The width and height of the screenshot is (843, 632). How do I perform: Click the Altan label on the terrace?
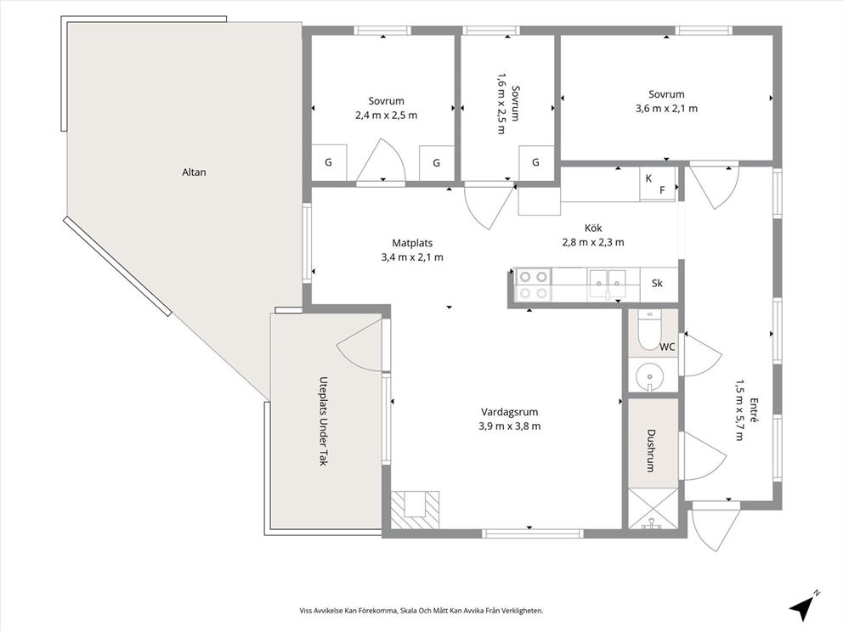coord(194,172)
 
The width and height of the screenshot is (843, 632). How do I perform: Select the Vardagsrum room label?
coord(510,412)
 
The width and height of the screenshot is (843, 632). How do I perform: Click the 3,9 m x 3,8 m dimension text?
coord(510,426)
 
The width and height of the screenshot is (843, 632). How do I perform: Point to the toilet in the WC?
coord(649,330)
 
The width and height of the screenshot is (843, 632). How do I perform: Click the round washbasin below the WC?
coord(649,375)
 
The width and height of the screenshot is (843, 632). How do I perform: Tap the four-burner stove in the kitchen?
coord(533,285)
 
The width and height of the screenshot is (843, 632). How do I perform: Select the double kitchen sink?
coord(608,283)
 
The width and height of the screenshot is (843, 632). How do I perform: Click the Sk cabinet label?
coord(657,283)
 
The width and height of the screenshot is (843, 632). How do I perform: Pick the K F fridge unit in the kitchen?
coord(657,183)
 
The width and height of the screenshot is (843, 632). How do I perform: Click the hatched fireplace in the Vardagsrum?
coord(415,510)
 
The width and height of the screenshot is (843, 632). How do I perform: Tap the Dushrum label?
coord(651,450)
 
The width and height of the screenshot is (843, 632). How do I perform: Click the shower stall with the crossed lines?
coord(653,508)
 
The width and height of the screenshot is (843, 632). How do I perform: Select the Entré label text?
coord(754,411)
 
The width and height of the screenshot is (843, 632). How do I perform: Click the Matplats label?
coord(412,243)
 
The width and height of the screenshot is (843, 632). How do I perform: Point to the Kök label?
coord(593,228)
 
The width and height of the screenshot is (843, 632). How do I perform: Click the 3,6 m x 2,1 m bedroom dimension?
coord(666,109)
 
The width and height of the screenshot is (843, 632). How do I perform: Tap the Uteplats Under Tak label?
coord(324,420)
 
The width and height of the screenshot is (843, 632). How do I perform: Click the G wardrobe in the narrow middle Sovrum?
coord(536,163)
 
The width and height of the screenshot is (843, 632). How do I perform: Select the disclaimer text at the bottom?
coord(421,611)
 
